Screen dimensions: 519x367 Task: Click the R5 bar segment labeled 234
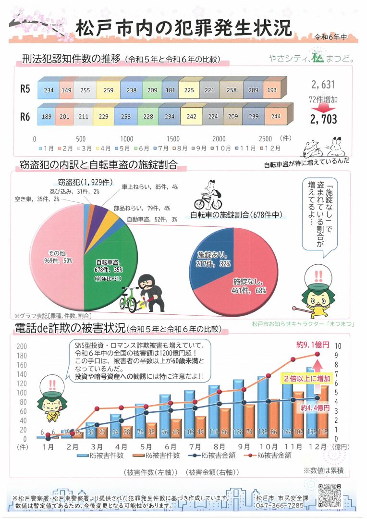[x=49, y=90]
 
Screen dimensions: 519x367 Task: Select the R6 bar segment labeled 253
[x=126, y=116]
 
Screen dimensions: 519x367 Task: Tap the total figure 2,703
[x=323, y=119]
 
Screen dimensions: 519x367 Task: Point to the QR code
[x=330, y=496]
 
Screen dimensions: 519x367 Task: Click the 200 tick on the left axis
[x=22, y=346]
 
